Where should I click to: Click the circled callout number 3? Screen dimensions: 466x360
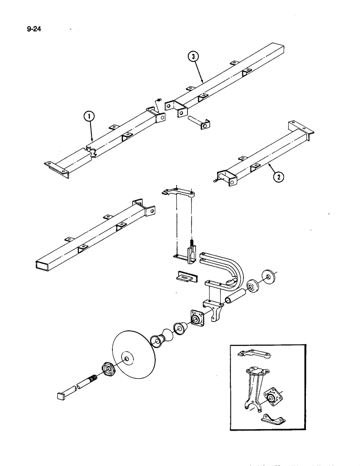coord(193,56)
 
